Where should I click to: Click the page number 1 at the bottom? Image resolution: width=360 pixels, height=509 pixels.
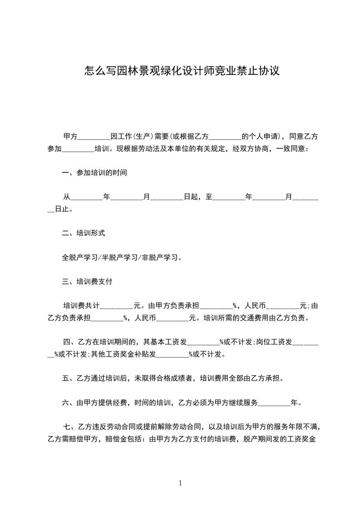pos(180,483)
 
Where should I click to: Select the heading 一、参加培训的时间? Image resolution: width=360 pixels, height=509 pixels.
pos(94,173)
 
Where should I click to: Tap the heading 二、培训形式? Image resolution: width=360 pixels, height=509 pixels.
pos(84,233)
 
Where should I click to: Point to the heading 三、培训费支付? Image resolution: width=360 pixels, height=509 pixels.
pos(87,281)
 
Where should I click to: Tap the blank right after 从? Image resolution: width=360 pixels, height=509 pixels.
pos(87,197)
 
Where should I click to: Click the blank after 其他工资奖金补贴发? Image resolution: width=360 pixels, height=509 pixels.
pos(172,354)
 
